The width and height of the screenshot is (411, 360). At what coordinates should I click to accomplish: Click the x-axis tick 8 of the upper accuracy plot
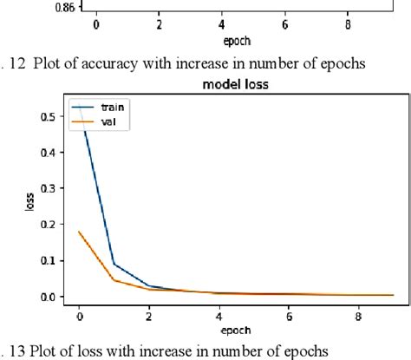pyautogui.click(x=348, y=25)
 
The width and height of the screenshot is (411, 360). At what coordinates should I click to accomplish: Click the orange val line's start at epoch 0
pyautogui.click(x=80, y=232)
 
